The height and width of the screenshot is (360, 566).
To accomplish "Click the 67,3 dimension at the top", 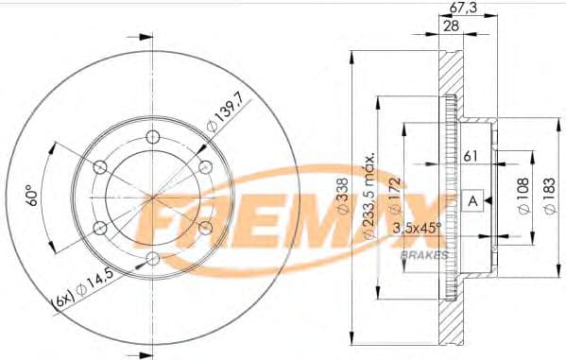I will tap(460, 9).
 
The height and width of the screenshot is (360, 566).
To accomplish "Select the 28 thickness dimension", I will tap(454, 26).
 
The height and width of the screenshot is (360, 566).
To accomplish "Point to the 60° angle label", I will tap(33, 197).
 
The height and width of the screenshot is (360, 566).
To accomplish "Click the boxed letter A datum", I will tap(472, 199).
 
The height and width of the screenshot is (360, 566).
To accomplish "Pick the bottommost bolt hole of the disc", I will tap(153, 259).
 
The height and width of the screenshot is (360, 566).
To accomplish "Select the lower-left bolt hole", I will tap(100, 228).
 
